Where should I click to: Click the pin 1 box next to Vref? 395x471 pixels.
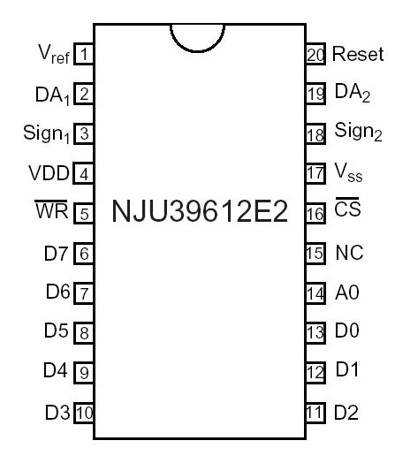[84, 55]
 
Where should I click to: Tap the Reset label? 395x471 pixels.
[358, 55]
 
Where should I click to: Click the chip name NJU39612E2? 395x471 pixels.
[200, 212]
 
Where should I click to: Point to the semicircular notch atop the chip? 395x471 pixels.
[197, 35]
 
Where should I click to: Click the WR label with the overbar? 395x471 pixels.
[50, 212]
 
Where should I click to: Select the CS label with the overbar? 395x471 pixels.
[347, 212]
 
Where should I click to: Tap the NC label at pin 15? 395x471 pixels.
[348, 253]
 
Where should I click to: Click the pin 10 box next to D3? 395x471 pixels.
[84, 412]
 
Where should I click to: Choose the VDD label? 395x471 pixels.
[49, 173]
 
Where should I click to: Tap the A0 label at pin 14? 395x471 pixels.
[347, 292]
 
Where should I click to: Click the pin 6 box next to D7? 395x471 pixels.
[84, 254]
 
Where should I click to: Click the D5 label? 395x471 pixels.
[56, 332]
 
